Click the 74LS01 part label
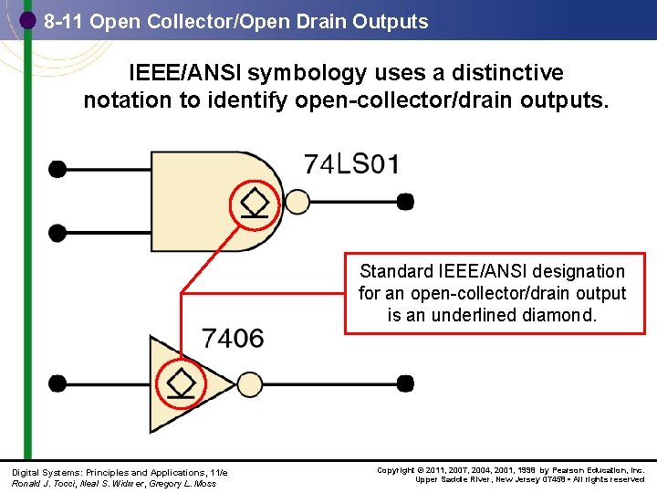pos(351,164)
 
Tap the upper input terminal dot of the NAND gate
pos(57,168)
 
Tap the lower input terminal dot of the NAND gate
pos(57,233)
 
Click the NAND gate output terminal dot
pos(405,201)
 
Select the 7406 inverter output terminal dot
pos(405,383)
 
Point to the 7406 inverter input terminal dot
pos(57,383)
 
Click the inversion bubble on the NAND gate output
pos(297,201)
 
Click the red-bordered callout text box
pos(493,292)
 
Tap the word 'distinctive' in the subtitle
pos(493,73)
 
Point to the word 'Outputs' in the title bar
pos(394,22)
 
